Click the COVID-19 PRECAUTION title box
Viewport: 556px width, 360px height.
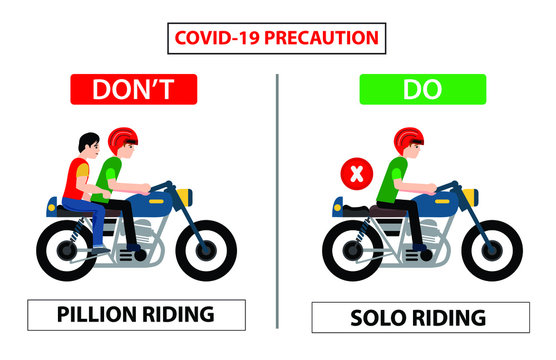[x=277, y=39]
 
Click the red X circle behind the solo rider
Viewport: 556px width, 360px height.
[x=355, y=175]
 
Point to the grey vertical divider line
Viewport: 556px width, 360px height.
[x=277, y=200]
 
